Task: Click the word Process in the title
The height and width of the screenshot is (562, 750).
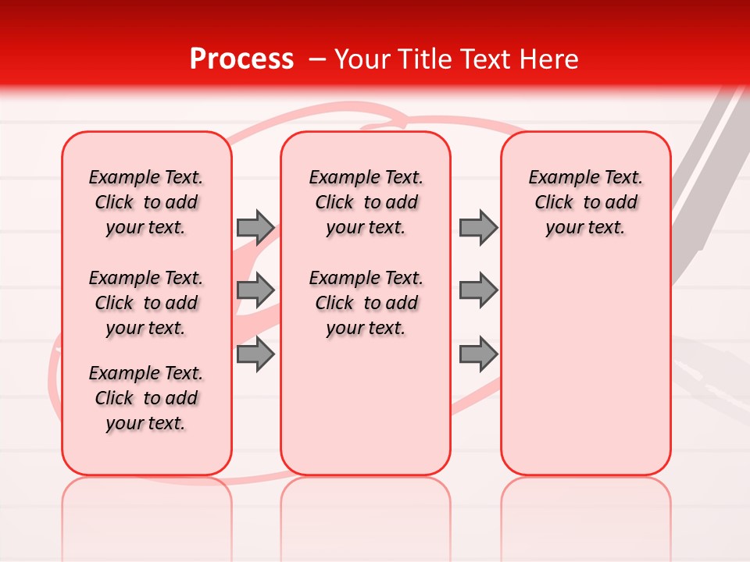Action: pyautogui.click(x=241, y=59)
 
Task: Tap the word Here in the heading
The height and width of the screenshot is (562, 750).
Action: pyautogui.click(x=548, y=59)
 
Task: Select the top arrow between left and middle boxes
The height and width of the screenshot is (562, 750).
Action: pyautogui.click(x=255, y=227)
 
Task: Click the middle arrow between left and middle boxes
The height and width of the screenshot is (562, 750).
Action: pyautogui.click(x=255, y=290)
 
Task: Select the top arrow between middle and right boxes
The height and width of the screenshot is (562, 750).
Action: pyautogui.click(x=478, y=227)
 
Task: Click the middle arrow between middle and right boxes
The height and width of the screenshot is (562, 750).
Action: pyautogui.click(x=478, y=290)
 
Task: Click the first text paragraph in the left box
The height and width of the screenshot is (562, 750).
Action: pyautogui.click(x=146, y=202)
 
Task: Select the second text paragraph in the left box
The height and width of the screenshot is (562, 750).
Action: pyautogui.click(x=146, y=303)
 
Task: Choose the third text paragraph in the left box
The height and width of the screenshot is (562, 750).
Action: pyautogui.click(x=146, y=398)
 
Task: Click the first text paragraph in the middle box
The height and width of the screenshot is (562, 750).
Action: pyautogui.click(x=366, y=202)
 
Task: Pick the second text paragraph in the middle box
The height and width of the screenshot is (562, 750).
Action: pyautogui.click(x=366, y=303)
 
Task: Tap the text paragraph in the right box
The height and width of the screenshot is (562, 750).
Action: pyautogui.click(x=585, y=202)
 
